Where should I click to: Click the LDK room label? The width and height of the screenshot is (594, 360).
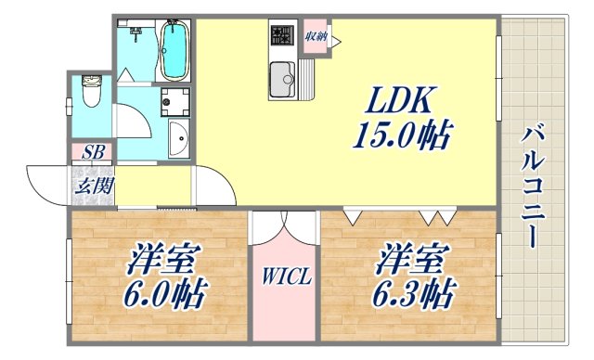(x=401, y=98)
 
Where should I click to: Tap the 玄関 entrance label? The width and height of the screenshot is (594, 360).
(x=93, y=186)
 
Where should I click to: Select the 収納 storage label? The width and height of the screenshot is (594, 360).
(x=314, y=36)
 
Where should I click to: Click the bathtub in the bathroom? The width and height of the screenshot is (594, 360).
(x=174, y=49)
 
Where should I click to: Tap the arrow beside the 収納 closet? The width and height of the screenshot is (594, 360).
(x=335, y=40)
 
